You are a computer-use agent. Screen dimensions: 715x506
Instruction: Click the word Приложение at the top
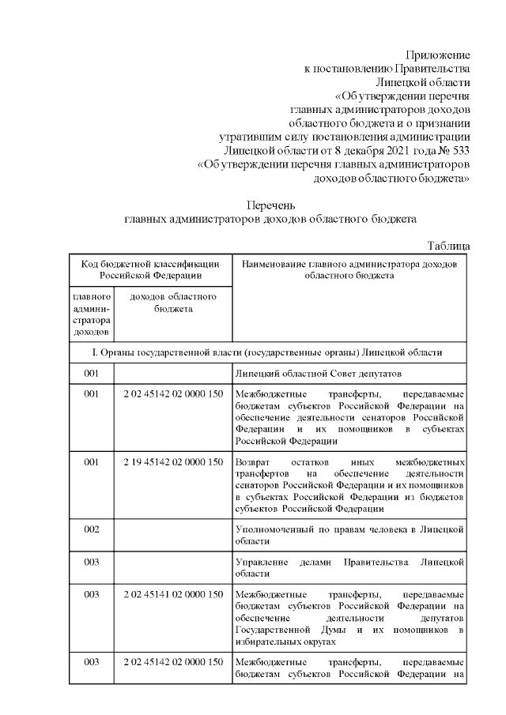click(438, 55)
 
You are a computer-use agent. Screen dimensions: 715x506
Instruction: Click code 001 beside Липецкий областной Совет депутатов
click(91, 372)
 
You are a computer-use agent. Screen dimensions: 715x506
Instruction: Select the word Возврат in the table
click(255, 461)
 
